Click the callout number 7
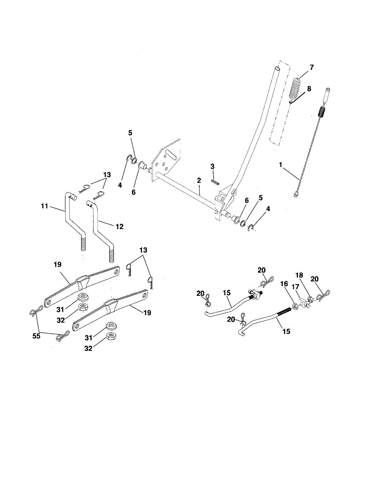click(312, 67)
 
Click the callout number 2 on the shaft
click(198, 181)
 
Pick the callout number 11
click(44, 206)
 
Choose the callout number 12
click(119, 226)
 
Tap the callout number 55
click(36, 336)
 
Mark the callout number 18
click(299, 275)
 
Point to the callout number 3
click(212, 166)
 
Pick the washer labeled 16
click(294, 306)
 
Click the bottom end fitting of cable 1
click(296, 195)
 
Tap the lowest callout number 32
click(88, 348)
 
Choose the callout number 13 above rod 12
click(106, 174)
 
